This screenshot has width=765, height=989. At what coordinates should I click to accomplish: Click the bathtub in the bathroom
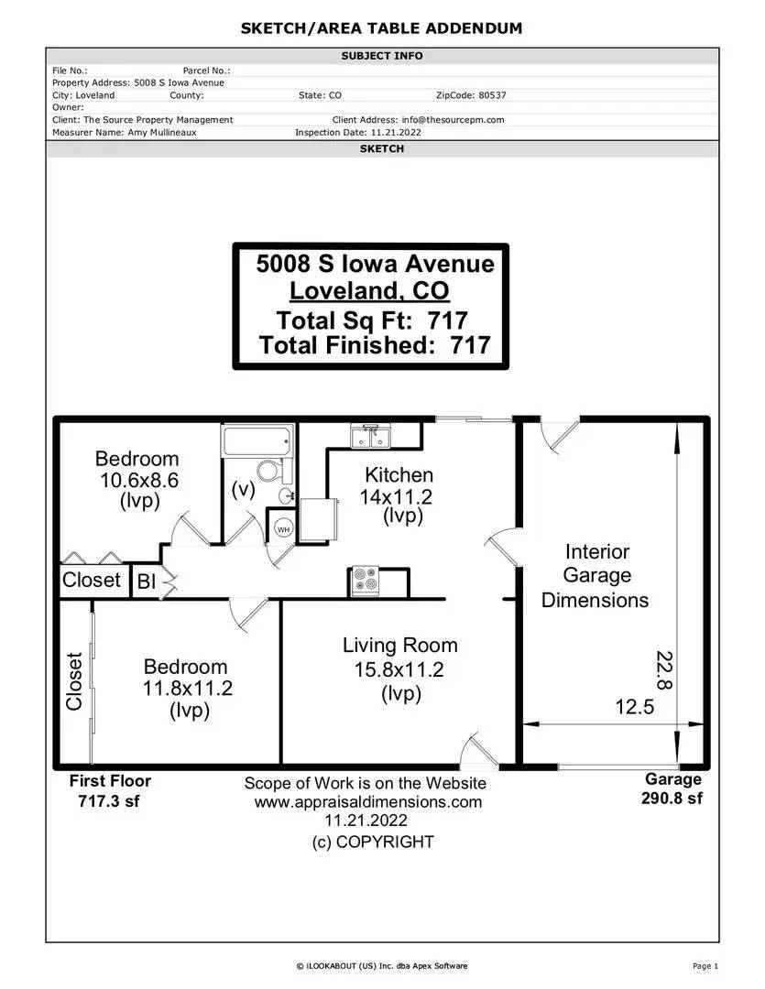pos(257,440)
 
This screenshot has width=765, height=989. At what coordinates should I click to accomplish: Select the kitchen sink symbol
pos(371,436)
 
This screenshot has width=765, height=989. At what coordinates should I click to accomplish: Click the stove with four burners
pos(366,581)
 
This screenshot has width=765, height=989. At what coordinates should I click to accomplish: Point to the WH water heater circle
pos(283,529)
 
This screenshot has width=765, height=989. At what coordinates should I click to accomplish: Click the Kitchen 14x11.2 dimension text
pos(397,497)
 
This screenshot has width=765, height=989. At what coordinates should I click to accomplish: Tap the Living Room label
pos(400,646)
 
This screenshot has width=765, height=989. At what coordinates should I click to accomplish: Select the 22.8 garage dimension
pos(664,669)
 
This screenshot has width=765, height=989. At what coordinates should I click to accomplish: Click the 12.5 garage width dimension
pos(634,706)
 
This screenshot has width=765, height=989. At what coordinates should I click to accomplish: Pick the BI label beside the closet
pos(147,581)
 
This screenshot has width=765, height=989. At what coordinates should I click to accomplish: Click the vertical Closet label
pos(74,681)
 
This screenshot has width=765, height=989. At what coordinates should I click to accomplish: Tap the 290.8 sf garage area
pos(672,798)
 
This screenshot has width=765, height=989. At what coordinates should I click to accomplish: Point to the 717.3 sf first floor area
pos(108,801)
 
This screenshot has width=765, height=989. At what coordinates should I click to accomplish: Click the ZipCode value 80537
pos(492,95)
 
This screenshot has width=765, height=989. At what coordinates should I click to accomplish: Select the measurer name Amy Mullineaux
pos(162,133)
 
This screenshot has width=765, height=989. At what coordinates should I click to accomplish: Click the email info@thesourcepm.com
pos(454,120)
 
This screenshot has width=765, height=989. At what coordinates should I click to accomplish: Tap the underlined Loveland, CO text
pos(369,291)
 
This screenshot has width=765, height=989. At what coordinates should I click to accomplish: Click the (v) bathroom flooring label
pos(243,489)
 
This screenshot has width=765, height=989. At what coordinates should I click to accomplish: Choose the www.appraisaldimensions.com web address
pos(368,801)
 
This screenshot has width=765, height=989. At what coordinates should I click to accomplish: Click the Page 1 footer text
pos(705,966)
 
